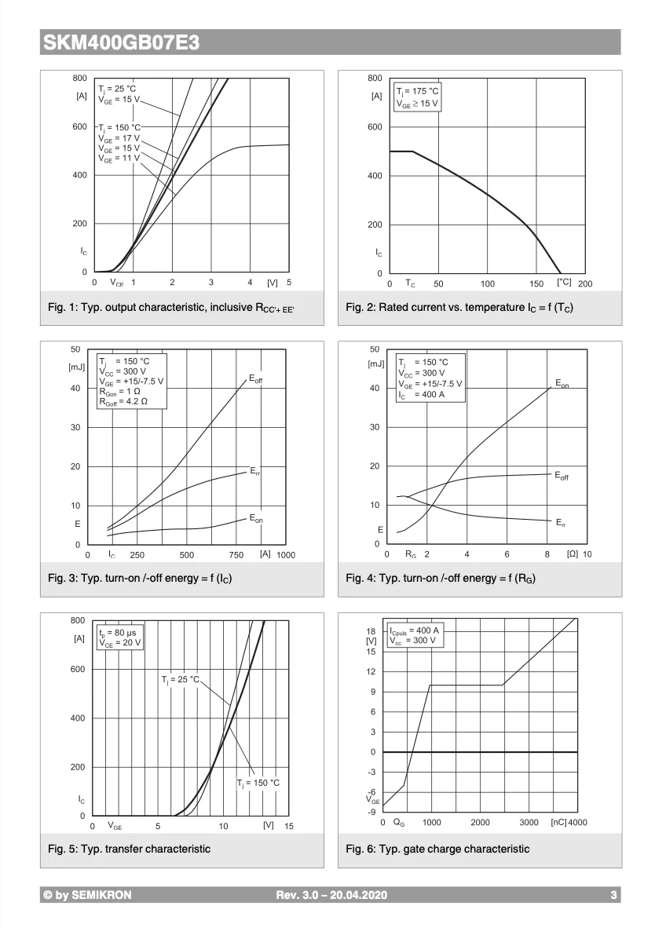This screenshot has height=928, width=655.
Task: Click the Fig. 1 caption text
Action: [x=173, y=307]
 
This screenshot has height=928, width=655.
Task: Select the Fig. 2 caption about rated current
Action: [x=459, y=307]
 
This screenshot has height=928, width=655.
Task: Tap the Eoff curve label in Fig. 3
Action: [x=256, y=379]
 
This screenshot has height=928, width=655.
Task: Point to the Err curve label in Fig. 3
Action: [x=255, y=471]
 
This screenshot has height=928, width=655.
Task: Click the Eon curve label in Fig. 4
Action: [x=562, y=383]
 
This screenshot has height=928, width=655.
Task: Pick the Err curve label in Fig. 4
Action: [x=561, y=522]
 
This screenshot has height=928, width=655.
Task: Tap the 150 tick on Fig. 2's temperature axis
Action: [x=536, y=283]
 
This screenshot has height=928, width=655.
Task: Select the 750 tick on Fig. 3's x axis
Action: [x=236, y=554]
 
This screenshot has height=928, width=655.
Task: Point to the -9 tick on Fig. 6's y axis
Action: [x=372, y=812]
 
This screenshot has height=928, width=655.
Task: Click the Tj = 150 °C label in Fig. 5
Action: [x=258, y=783]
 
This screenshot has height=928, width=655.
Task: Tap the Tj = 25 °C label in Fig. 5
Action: [x=181, y=679]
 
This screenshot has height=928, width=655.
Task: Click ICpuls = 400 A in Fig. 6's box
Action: [x=415, y=630]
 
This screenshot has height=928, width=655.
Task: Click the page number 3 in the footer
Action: [x=613, y=895]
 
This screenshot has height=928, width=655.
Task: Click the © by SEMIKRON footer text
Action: [x=88, y=895]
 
